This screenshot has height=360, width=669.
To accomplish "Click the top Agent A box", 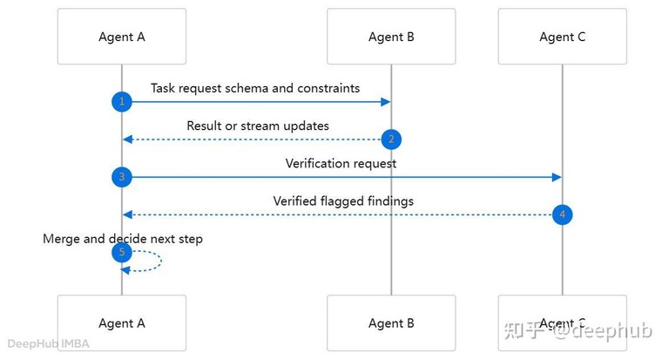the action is pos(122,37).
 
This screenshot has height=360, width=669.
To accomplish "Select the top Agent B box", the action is pos(391,37).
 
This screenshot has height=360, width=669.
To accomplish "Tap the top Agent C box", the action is pos(563,37).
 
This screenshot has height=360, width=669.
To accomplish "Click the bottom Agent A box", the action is pos(122,323).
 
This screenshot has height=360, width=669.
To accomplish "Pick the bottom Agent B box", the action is pos(391,323).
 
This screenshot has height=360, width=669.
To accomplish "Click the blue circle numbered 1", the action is pos(122,102).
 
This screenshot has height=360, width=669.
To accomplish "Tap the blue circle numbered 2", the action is pos(391,139).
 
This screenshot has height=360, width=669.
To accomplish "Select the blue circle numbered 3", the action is pos(122,177).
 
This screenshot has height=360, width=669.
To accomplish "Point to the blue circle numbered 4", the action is pos(563,214).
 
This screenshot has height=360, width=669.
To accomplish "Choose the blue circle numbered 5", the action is pos(122,253).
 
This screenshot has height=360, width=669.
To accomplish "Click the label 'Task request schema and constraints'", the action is pos(255,88).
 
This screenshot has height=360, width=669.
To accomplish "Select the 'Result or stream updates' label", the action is pos(258,126).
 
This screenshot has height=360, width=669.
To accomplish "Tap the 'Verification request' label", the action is pos(341,164).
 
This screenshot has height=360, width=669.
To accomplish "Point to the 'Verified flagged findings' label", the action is pos(343,201).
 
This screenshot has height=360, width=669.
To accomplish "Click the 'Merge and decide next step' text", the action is pos(123,239).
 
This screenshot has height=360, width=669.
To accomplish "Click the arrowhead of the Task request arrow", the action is pos(386,102).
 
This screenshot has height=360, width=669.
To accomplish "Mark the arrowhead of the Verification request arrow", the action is pos(557,177).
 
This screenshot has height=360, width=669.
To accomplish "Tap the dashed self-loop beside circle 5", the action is pos(161,261).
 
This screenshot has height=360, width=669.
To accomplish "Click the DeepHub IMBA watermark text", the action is pos(48,343).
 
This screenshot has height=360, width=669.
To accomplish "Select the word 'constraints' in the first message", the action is pos(328,88).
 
